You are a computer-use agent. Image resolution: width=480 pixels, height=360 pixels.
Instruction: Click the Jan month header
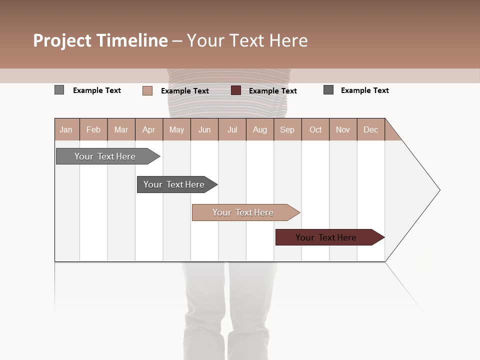[x=66, y=130]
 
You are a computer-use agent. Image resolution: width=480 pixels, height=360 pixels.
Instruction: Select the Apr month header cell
[x=148, y=130]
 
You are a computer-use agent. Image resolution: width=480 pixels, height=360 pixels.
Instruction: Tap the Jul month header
[x=232, y=130]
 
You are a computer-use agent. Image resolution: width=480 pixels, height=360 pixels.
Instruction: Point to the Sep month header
[x=287, y=130]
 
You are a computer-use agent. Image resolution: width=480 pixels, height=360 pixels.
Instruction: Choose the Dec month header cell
[x=370, y=130]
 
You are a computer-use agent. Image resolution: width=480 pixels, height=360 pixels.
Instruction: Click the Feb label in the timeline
[x=93, y=130]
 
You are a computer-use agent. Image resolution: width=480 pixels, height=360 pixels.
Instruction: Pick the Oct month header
[x=315, y=130]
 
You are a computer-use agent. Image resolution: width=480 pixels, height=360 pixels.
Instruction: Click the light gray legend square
[x=59, y=90]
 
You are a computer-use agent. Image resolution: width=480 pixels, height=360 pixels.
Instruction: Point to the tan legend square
[x=147, y=90]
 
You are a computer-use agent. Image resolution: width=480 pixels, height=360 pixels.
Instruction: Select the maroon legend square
[x=236, y=90]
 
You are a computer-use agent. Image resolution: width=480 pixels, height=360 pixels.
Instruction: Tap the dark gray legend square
[x=328, y=90]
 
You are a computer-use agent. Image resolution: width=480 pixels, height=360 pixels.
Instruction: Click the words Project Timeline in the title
[x=100, y=40]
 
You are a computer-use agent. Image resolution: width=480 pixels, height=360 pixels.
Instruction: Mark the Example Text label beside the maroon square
[x=273, y=91]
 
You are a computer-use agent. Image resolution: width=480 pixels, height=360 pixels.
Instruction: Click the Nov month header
[x=343, y=130]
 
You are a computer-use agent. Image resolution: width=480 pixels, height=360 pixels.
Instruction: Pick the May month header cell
[x=176, y=130]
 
